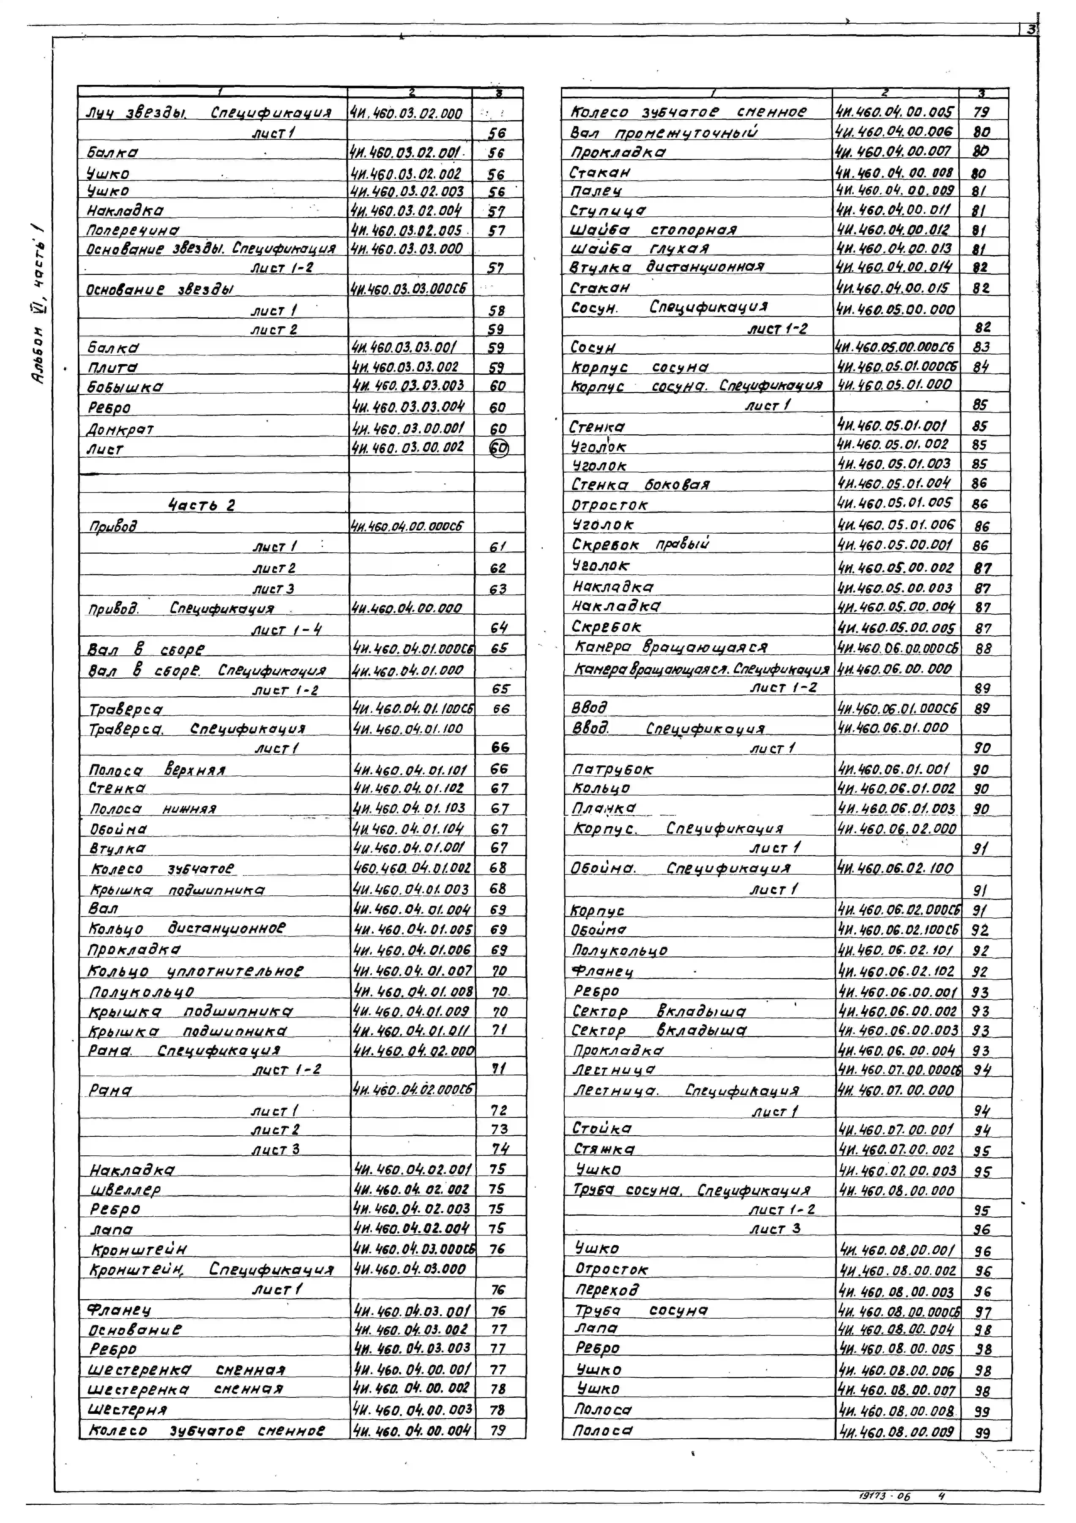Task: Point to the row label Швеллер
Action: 126,1189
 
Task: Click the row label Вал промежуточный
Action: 664,133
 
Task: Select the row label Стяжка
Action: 603,1149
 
